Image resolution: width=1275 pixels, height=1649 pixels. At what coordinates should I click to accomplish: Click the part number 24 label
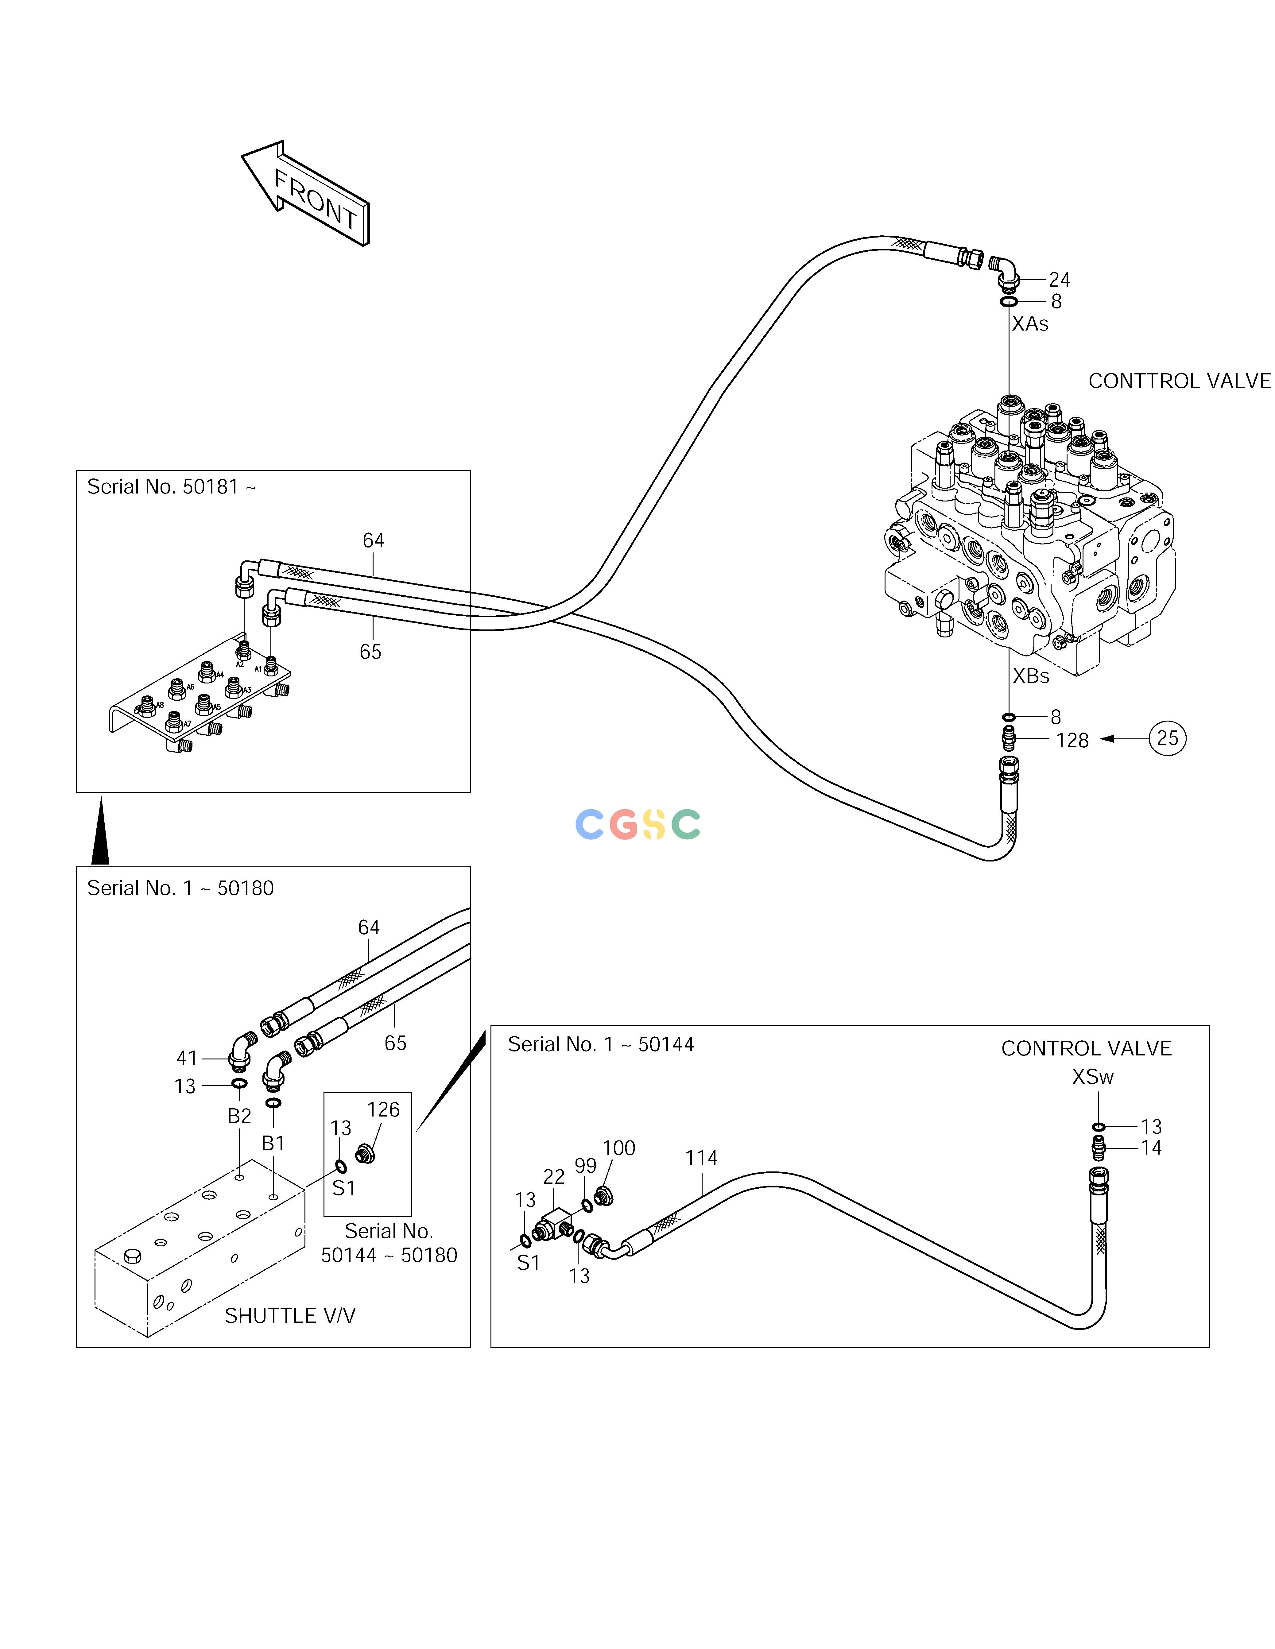(x=1059, y=280)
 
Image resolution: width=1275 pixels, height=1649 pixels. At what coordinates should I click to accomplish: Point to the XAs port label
(x=1030, y=324)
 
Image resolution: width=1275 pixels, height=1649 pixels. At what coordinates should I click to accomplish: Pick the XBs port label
(x=1030, y=676)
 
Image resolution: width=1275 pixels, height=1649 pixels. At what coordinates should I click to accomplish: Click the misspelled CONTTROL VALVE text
(x=1179, y=381)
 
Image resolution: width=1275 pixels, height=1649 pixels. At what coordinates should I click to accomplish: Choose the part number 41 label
(x=186, y=1059)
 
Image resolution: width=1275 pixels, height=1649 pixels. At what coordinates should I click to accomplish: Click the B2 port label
(x=239, y=1116)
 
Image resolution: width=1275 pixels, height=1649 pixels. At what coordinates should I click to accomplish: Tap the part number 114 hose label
(x=701, y=1158)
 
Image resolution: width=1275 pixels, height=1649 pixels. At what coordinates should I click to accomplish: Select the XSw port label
(x=1092, y=1077)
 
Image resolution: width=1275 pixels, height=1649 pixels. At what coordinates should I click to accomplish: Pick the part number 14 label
(x=1150, y=1148)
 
